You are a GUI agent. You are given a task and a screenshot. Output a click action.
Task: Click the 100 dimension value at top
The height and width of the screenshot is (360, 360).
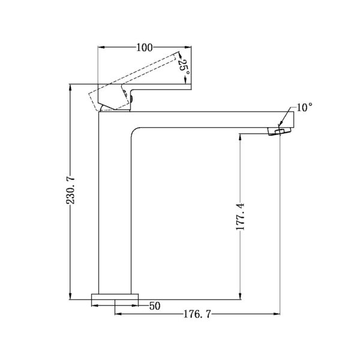coord(144,47)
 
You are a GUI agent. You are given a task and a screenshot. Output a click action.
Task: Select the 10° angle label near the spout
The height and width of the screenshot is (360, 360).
coord(304,107)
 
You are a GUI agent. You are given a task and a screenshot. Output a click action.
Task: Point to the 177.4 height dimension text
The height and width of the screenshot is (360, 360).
coord(241,217)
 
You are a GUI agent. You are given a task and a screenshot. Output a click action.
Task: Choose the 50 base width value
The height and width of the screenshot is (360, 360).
coord(155,306)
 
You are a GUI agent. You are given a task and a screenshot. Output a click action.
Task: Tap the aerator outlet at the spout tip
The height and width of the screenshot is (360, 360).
coord(278,131)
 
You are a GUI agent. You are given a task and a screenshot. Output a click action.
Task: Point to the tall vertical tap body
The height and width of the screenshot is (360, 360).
coord(114,204)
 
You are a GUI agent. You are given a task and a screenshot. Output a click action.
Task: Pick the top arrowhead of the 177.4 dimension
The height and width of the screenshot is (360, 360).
coord(241,135)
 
